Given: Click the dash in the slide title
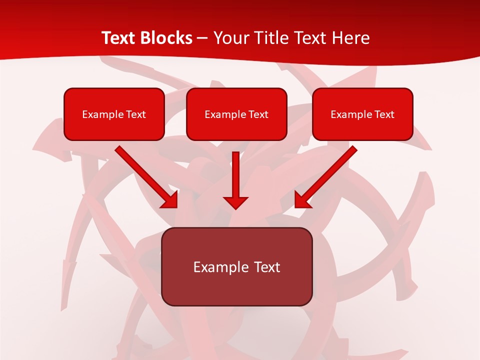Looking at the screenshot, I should pyautogui.click(x=203, y=38).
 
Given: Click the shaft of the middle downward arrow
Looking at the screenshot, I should pyautogui.click(x=235, y=172).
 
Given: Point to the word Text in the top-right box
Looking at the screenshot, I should pyautogui.click(x=384, y=114).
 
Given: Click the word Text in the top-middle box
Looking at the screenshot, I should pyautogui.click(x=258, y=114).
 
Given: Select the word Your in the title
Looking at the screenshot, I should pyautogui.click(x=230, y=38).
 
